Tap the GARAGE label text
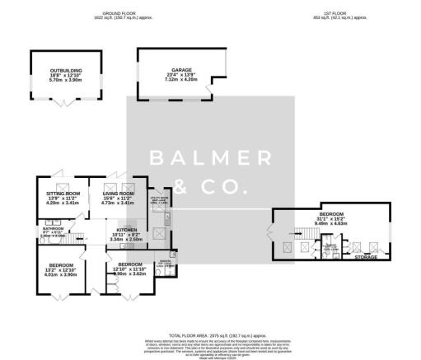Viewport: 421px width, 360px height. pos(172,70)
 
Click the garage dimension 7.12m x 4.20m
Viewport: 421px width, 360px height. pos(172,80)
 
